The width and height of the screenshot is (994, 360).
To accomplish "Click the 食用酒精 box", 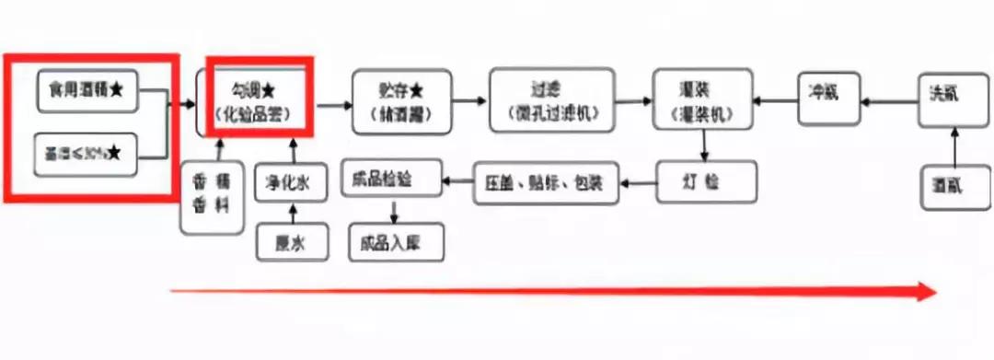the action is [x=88, y=89].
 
